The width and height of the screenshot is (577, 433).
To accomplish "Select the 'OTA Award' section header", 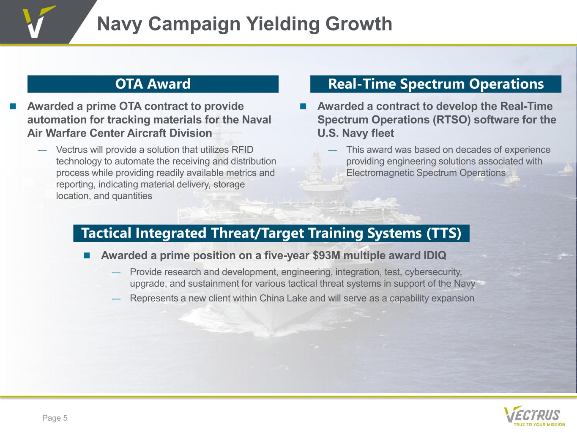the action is pos(153,84).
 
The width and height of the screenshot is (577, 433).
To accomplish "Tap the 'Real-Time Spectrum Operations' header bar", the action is pos(435,84).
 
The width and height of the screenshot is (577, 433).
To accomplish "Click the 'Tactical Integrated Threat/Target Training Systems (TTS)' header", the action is pos(271,233).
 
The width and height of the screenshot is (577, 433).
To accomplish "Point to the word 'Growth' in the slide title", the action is pos(359,24).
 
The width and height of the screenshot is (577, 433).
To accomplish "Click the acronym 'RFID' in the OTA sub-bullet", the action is pos(242,150).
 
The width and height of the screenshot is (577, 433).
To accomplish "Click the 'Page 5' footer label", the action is pos(55,418).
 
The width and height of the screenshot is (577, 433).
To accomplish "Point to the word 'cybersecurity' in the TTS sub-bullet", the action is pos(433,272).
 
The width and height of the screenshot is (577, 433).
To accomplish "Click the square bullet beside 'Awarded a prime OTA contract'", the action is pos(13,106).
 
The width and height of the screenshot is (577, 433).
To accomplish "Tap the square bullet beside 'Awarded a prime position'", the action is pos(87,255).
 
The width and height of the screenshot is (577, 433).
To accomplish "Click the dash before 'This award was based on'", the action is pos(333,151).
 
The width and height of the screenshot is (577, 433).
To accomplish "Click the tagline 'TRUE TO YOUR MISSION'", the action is pos(539,424).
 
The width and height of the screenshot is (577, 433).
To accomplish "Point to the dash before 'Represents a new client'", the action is pos(116,299).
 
